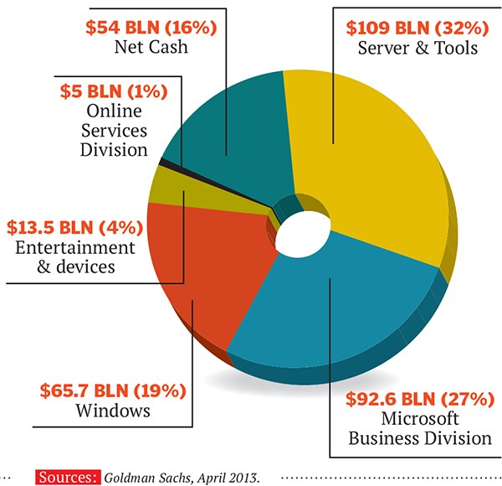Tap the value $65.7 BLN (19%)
tap(112, 390)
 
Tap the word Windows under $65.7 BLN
tap(112, 411)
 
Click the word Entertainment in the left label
tap(74, 248)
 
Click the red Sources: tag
tap(66, 476)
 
